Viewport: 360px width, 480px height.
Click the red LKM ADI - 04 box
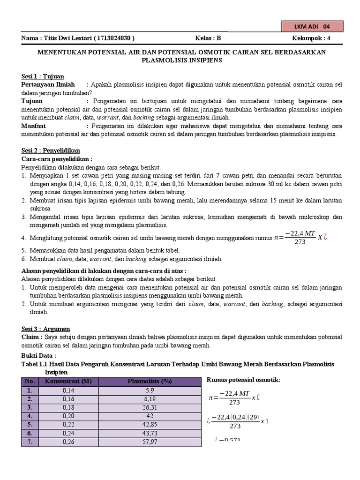(312, 26)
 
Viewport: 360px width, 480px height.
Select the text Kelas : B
(208, 38)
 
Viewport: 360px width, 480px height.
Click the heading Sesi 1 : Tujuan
(43, 76)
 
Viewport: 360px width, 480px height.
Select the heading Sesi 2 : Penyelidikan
(51, 150)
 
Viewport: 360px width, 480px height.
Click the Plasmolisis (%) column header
(150, 381)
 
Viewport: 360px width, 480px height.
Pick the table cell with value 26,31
(150, 407)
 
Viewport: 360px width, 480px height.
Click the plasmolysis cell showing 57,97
(150, 441)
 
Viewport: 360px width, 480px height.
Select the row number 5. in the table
(30, 424)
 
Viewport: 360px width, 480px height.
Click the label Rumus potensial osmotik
(243, 379)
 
